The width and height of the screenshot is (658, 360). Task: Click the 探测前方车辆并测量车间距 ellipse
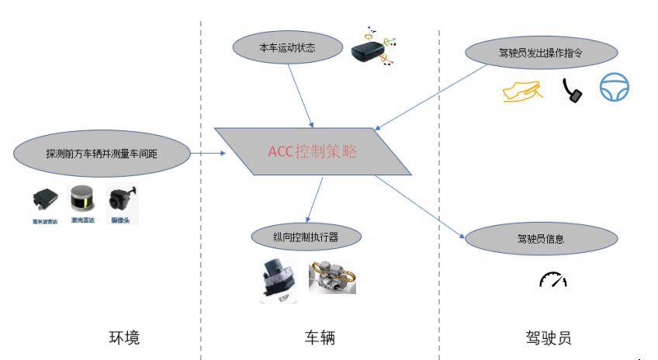98,154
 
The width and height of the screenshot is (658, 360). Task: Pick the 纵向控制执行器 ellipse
309,235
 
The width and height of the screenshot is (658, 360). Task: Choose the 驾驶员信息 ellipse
540,238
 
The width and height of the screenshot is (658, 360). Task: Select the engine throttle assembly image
333,277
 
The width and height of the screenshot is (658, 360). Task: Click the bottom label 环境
125,338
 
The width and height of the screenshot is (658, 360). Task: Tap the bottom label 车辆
320,338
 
